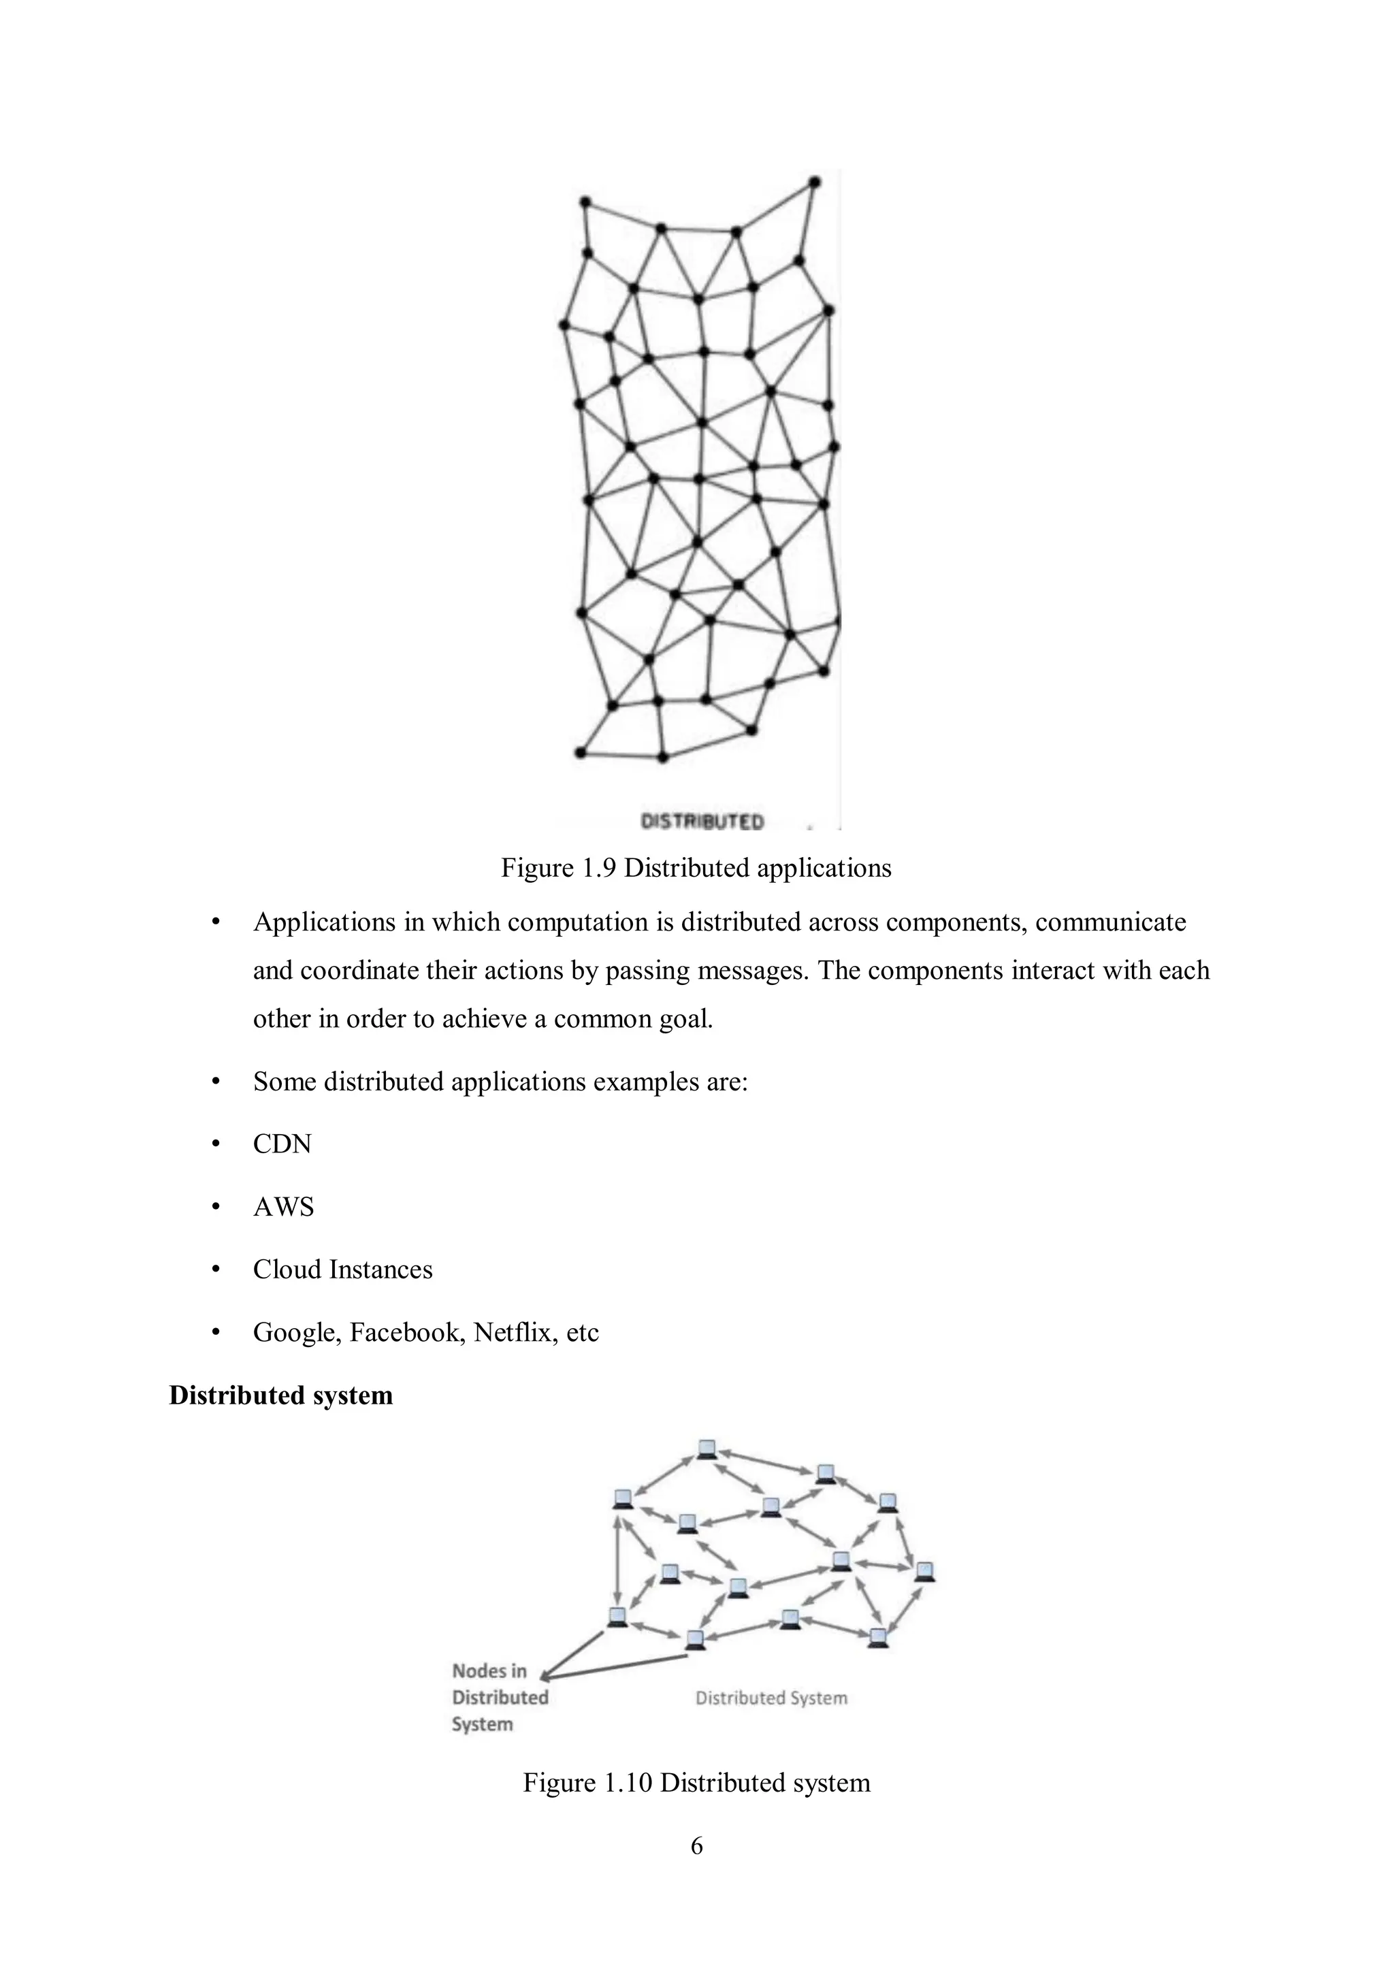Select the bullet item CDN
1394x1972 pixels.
pos(282,1144)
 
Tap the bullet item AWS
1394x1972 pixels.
pos(283,1207)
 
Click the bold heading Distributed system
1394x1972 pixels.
pos(281,1395)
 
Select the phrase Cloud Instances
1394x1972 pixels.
pos(342,1270)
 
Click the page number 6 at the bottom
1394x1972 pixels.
pos(696,1845)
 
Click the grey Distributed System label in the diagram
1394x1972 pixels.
pos(771,1698)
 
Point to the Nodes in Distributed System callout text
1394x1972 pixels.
pos(499,1697)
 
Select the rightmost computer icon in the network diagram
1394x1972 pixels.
pos(924,1571)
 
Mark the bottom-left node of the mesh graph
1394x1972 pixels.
pos(581,754)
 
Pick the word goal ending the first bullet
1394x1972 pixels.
pos(687,1018)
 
